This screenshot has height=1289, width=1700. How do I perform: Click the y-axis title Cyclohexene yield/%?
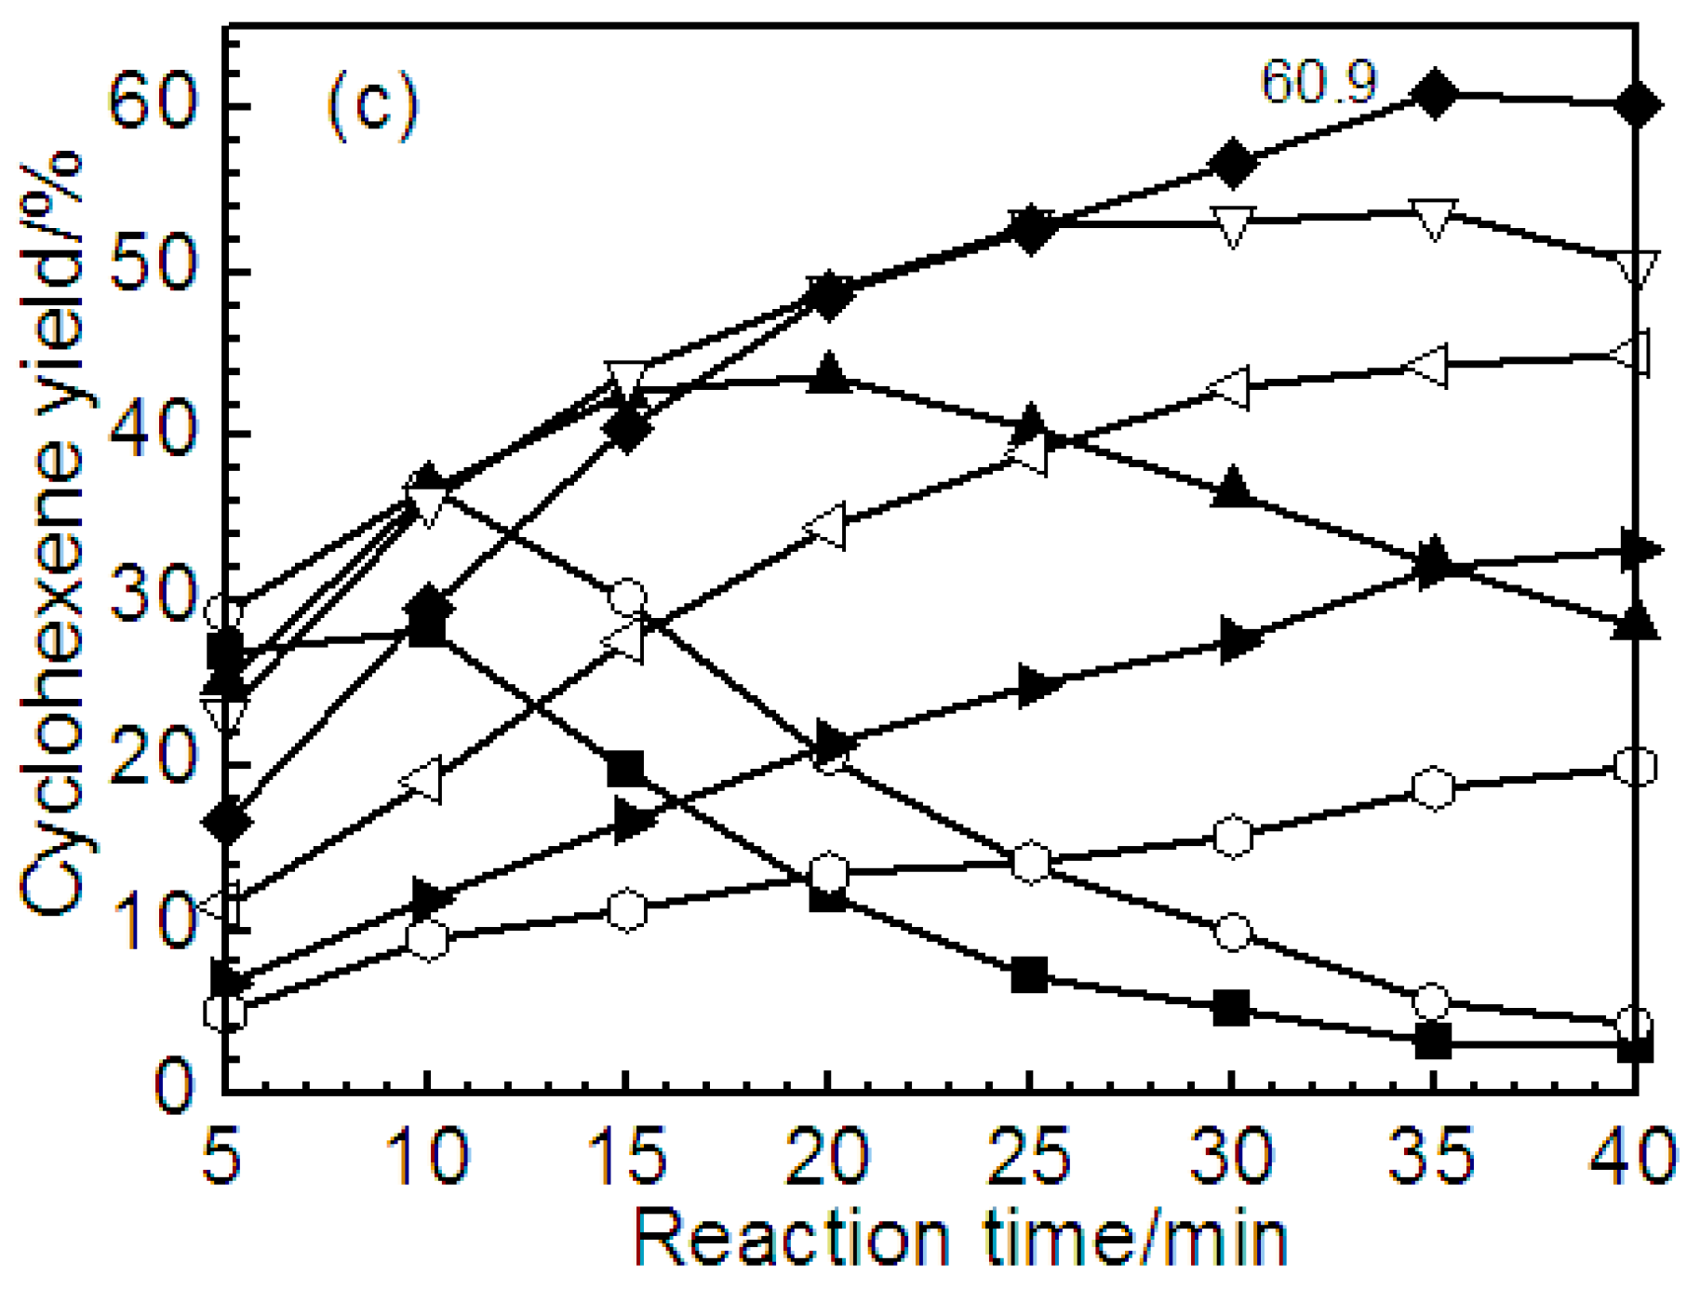(51, 535)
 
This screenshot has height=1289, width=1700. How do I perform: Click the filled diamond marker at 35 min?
(1434, 94)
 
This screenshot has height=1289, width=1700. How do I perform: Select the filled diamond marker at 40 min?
(1636, 104)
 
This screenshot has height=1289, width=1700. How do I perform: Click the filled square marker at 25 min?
(1029, 975)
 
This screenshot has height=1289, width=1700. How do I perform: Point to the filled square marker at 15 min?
(626, 770)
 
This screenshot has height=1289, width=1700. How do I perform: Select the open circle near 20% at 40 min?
(1636, 767)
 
